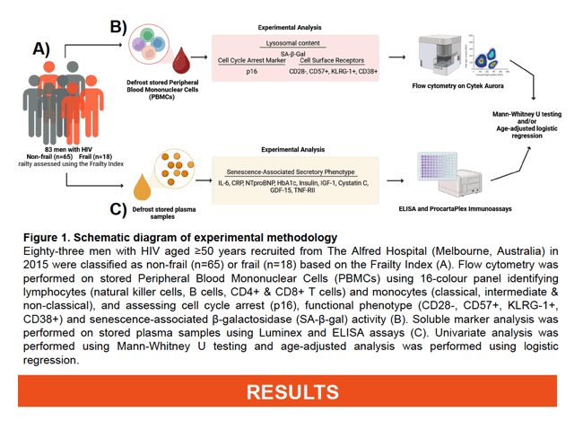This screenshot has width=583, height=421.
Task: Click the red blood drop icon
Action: tap(181, 61)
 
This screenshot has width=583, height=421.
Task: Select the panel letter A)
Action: tap(41, 48)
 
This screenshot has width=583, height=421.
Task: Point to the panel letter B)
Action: tap(118, 27)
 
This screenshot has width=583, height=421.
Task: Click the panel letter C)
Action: tap(118, 209)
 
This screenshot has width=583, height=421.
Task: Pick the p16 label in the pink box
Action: tap(252, 71)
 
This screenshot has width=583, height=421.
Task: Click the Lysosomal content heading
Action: tap(292, 43)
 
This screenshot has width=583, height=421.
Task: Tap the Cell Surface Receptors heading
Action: tap(332, 60)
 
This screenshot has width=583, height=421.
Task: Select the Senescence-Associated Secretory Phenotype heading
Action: tap(291, 172)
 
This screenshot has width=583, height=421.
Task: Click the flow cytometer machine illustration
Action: tap(439, 55)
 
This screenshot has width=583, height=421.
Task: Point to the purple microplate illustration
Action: tap(438, 166)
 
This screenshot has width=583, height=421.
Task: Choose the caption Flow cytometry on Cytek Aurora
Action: tap(457, 86)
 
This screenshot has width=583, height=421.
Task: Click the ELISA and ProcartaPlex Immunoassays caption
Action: tap(455, 209)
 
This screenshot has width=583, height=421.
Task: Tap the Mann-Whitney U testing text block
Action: tap(526, 125)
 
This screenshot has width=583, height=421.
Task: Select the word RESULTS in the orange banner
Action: tap(292, 392)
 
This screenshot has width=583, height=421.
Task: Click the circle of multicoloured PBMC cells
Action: tap(149, 44)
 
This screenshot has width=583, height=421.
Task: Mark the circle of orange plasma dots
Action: tap(174, 169)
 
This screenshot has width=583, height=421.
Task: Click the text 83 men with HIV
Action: tap(68, 150)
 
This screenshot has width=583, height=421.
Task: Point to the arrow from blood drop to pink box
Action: tap(199, 57)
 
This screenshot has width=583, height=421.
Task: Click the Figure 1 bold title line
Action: tap(180, 238)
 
